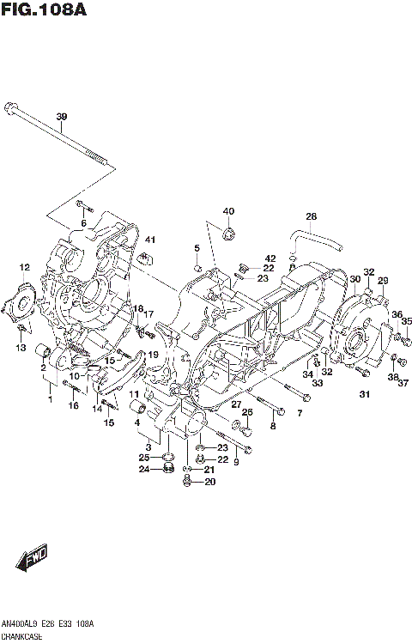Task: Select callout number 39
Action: [x=61, y=117]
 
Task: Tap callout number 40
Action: [x=228, y=211]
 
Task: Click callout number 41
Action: [x=148, y=239]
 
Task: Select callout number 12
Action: [x=26, y=268]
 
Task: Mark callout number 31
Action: [x=364, y=394]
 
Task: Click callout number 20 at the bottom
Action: [x=209, y=482]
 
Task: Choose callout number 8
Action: [x=273, y=425]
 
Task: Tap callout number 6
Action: [x=84, y=224]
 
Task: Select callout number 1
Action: [x=51, y=399]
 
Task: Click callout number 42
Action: [x=270, y=258]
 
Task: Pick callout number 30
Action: [x=354, y=278]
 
